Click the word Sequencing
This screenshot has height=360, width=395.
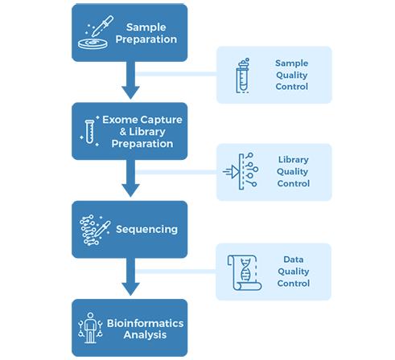coord(146,230)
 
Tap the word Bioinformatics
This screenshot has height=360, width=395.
coord(145,323)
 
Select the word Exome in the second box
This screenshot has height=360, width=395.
coord(121,120)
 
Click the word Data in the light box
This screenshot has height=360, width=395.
coord(294,260)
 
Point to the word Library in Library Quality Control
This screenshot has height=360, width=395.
coord(294,160)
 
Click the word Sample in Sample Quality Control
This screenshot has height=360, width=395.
coord(291,63)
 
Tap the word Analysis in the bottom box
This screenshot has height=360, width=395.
coord(145,335)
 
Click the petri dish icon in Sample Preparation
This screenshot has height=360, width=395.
coord(93,43)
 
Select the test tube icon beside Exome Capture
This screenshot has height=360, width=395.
coord(89,132)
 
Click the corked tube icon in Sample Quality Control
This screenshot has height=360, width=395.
coord(243,76)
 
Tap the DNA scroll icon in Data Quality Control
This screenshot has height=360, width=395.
coord(245,272)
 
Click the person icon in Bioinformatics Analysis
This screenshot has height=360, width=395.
coord(90,328)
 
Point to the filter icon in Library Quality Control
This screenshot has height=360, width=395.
coord(241,171)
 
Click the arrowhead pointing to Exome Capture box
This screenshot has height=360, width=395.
coord(130,92)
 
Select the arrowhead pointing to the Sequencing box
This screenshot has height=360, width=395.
coord(130,190)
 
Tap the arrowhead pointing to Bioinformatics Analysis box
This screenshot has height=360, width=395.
coord(130,289)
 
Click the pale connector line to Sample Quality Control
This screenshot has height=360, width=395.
coord(176,74)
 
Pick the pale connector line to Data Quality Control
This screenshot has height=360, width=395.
coord(175,272)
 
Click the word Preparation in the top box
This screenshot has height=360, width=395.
coord(146,39)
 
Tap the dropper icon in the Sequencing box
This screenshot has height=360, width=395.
coord(102,229)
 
